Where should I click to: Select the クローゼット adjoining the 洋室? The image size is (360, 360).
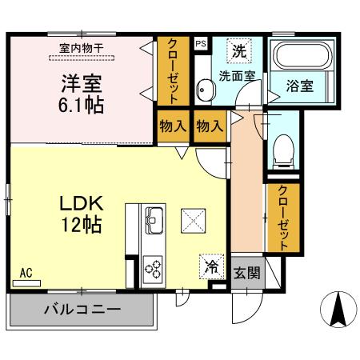click(173, 72)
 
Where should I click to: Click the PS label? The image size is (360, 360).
click(200, 45)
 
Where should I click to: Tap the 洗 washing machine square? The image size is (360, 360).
click(239, 51)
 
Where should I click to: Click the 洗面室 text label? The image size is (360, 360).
click(237, 77)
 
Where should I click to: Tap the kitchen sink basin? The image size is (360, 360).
click(153, 216)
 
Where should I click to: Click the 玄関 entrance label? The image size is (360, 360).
click(246, 273)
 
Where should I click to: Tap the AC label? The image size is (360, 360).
click(26, 273)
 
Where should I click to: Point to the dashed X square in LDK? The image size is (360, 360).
click(193, 218)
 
